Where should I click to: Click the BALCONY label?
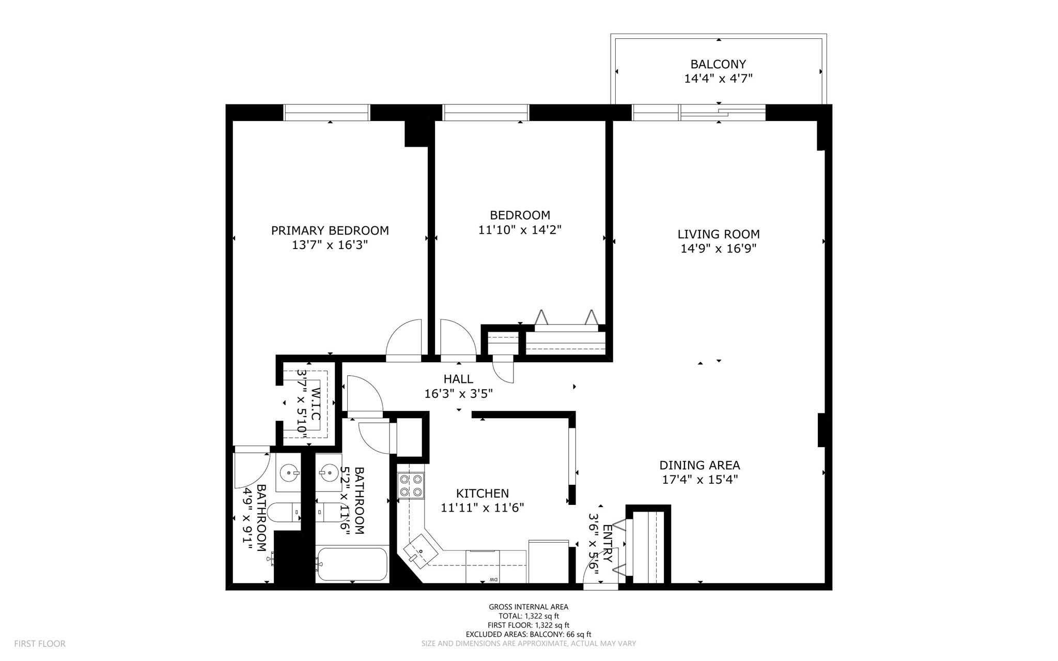coord(718,64)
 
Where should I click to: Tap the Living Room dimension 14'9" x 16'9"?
coord(718,249)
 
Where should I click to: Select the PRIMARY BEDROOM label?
coord(330,230)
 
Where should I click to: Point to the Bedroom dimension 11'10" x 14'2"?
coord(519,229)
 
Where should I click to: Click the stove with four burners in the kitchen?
coord(410,486)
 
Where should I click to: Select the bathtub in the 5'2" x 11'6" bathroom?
coord(352,564)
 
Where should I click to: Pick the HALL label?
coord(458,379)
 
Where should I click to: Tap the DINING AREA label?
coord(699,465)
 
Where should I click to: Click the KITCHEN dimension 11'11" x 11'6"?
coord(482,508)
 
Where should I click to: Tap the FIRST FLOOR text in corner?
coord(40,643)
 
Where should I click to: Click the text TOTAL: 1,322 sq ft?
coord(528,616)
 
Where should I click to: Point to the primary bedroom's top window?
coord(326,113)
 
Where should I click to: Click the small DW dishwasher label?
coord(493,579)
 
